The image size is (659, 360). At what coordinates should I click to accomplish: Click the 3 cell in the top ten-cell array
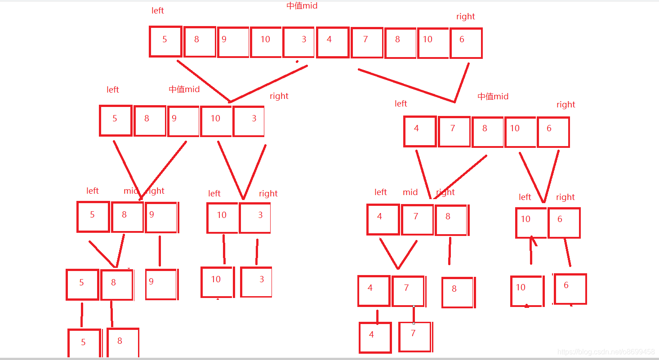coord(298,42)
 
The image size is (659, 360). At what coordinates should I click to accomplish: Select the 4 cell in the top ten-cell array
coord(333,42)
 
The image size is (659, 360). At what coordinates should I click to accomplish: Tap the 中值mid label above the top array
coord(302,6)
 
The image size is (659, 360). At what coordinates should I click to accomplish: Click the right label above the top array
coord(465,17)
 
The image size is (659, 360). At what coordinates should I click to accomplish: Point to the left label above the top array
coord(158,11)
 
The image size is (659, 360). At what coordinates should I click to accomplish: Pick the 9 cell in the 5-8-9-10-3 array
coord(183,121)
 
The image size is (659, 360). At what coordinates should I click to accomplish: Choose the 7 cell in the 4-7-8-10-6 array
coord(454,131)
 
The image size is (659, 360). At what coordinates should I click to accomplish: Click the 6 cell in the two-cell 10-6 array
coord(564,222)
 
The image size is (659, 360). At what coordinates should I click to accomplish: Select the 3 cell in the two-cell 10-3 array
coord(255,218)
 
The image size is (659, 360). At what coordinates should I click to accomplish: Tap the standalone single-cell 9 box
coord(161,284)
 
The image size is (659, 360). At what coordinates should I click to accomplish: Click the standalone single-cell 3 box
coord(256,282)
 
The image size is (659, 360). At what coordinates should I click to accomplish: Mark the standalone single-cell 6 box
coord(570,289)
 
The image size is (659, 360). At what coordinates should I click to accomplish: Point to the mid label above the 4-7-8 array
coord(410,192)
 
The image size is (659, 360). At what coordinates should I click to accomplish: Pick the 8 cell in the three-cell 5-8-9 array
coord(127,217)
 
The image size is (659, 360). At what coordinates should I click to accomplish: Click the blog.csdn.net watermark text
coord(606,351)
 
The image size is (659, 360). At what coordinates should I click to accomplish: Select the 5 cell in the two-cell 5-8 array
coord(82,284)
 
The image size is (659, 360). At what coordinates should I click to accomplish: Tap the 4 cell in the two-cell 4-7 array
coord(374,291)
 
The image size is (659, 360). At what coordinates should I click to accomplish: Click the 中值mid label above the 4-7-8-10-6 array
coord(493,96)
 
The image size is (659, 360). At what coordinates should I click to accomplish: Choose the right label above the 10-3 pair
coord(268,194)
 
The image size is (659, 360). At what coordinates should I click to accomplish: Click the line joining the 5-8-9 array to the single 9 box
coord(160,250)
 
